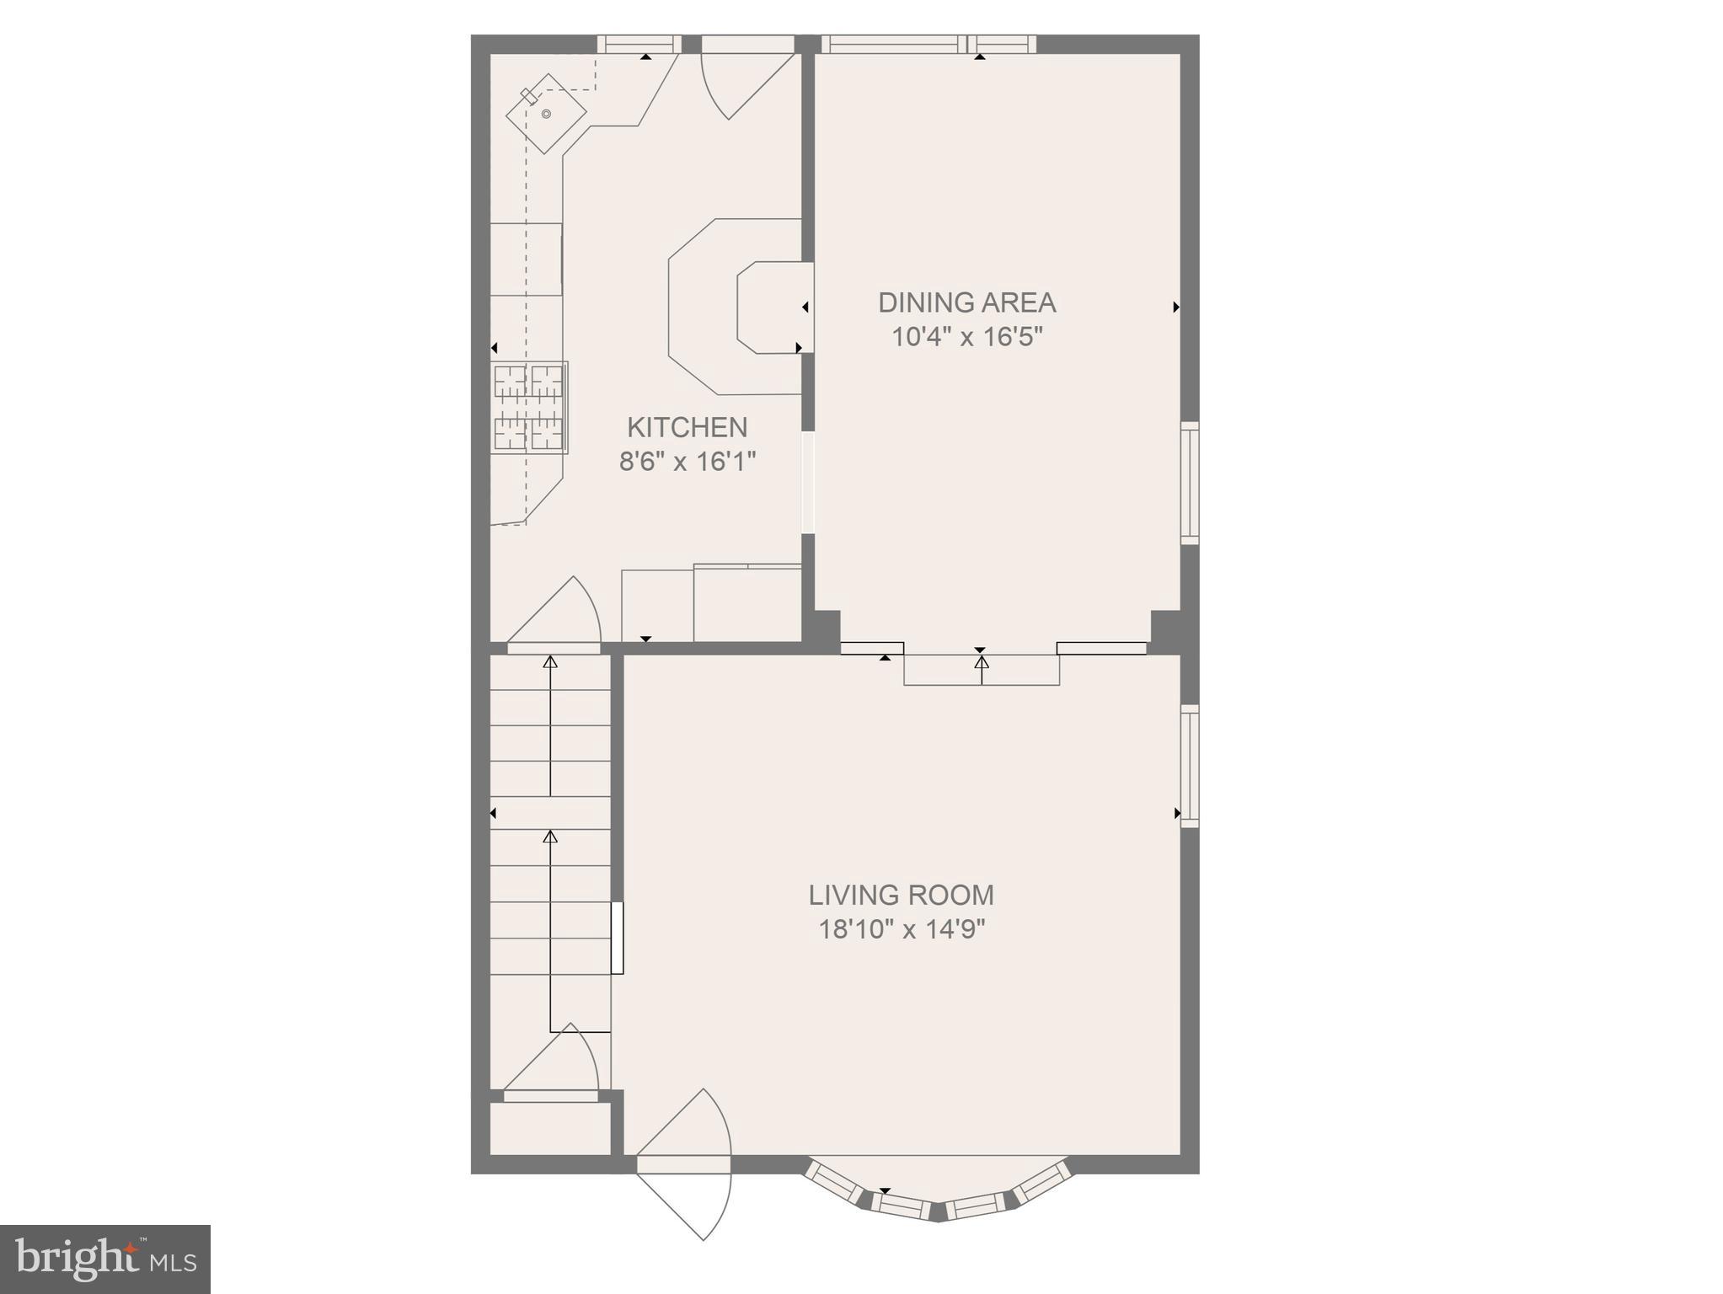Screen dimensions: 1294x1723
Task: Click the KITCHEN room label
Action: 687,427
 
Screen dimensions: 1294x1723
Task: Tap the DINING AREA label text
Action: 966,302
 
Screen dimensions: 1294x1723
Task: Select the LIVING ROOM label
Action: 901,895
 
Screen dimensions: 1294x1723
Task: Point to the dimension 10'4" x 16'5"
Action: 966,337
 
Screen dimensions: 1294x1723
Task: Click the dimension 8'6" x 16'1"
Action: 687,462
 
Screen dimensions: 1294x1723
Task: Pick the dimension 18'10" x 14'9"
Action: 902,929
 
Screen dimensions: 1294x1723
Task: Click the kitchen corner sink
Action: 546,114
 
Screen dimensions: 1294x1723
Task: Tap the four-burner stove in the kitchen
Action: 529,408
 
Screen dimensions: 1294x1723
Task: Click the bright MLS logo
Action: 104,1259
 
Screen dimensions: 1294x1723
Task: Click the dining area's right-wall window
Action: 1189,482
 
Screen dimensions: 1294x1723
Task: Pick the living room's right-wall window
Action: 1189,765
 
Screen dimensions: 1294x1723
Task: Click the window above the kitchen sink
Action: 639,44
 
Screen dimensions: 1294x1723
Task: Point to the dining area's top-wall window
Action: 928,44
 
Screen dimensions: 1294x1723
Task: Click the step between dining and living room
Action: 982,670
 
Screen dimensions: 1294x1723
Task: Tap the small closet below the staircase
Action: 549,1128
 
